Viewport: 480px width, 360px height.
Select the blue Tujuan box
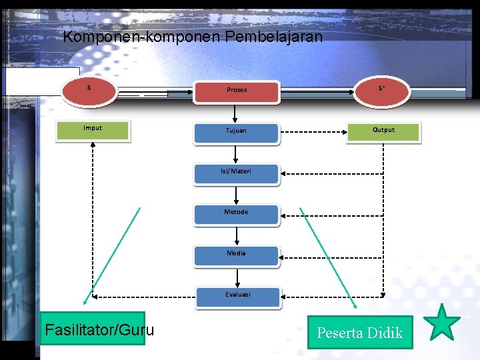pyautogui.click(x=236, y=131)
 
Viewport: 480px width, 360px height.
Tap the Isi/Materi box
pyautogui.click(x=236, y=172)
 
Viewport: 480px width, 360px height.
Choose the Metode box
pyautogui.click(x=236, y=213)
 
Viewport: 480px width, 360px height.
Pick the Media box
pyautogui.click(x=236, y=254)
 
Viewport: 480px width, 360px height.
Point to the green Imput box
pyautogui.click(x=92, y=129)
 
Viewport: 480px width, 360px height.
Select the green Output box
pyautogui.click(x=383, y=131)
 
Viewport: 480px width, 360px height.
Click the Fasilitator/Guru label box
pyautogui.click(x=93, y=329)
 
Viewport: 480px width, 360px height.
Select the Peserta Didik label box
pyautogui.click(x=360, y=332)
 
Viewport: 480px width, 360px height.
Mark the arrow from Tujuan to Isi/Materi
pyautogui.click(x=236, y=153)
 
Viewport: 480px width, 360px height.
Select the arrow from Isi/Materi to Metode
pyautogui.click(x=236, y=193)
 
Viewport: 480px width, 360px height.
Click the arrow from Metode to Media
pyautogui.click(x=236, y=235)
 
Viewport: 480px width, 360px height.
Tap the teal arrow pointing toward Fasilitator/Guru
pyautogui.click(x=112, y=257)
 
